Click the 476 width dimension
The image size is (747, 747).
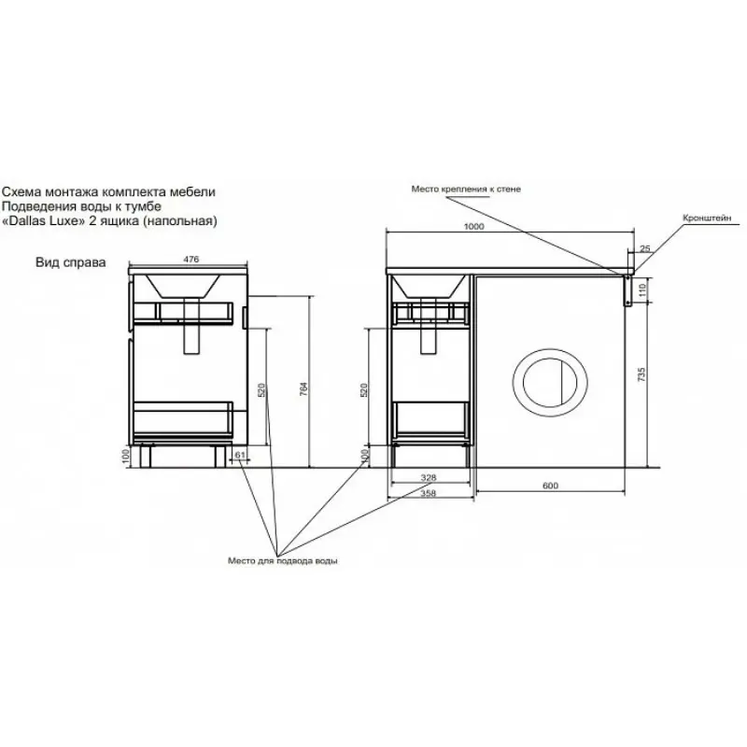pyautogui.click(x=191, y=260)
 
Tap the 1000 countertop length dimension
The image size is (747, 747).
pyautogui.click(x=473, y=226)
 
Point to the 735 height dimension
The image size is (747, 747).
pyautogui.click(x=641, y=374)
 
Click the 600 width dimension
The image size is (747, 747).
pyautogui.click(x=550, y=486)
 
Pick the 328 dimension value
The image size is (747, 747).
pyautogui.click(x=429, y=477)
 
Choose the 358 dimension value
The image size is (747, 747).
pyautogui.click(x=429, y=493)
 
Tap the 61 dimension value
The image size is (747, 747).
pyautogui.click(x=240, y=455)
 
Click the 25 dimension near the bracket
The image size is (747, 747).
pyautogui.click(x=644, y=248)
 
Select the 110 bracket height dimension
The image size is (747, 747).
pyautogui.click(x=641, y=290)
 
